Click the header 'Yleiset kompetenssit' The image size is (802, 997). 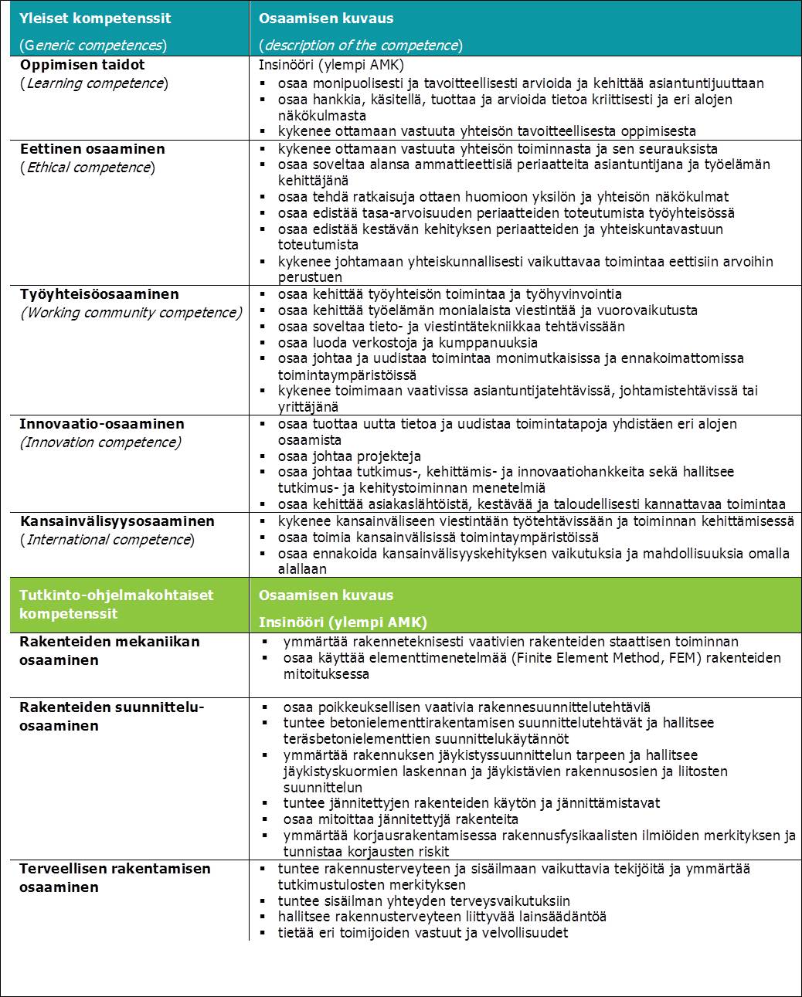(x=95, y=18)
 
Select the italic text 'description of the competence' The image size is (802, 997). (x=361, y=45)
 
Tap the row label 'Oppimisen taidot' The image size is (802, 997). (x=82, y=65)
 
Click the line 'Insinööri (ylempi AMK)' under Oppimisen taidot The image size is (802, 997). (x=331, y=66)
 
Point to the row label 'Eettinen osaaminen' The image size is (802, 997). (x=92, y=149)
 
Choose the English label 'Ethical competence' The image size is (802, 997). (x=87, y=168)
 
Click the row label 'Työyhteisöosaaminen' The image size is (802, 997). (x=99, y=294)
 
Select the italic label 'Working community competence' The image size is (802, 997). (x=131, y=313)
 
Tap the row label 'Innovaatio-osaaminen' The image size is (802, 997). (x=102, y=424)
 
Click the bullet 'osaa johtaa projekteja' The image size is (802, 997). (x=349, y=456)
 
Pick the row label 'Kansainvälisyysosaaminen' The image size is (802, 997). (x=117, y=521)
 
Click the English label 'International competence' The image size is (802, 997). (x=107, y=540)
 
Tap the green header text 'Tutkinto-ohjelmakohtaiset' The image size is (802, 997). (x=116, y=595)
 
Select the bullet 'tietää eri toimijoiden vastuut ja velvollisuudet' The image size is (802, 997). (x=423, y=933)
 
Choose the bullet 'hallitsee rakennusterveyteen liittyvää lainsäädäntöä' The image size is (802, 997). (x=442, y=917)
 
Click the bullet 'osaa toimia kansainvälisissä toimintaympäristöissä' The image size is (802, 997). (x=438, y=537)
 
